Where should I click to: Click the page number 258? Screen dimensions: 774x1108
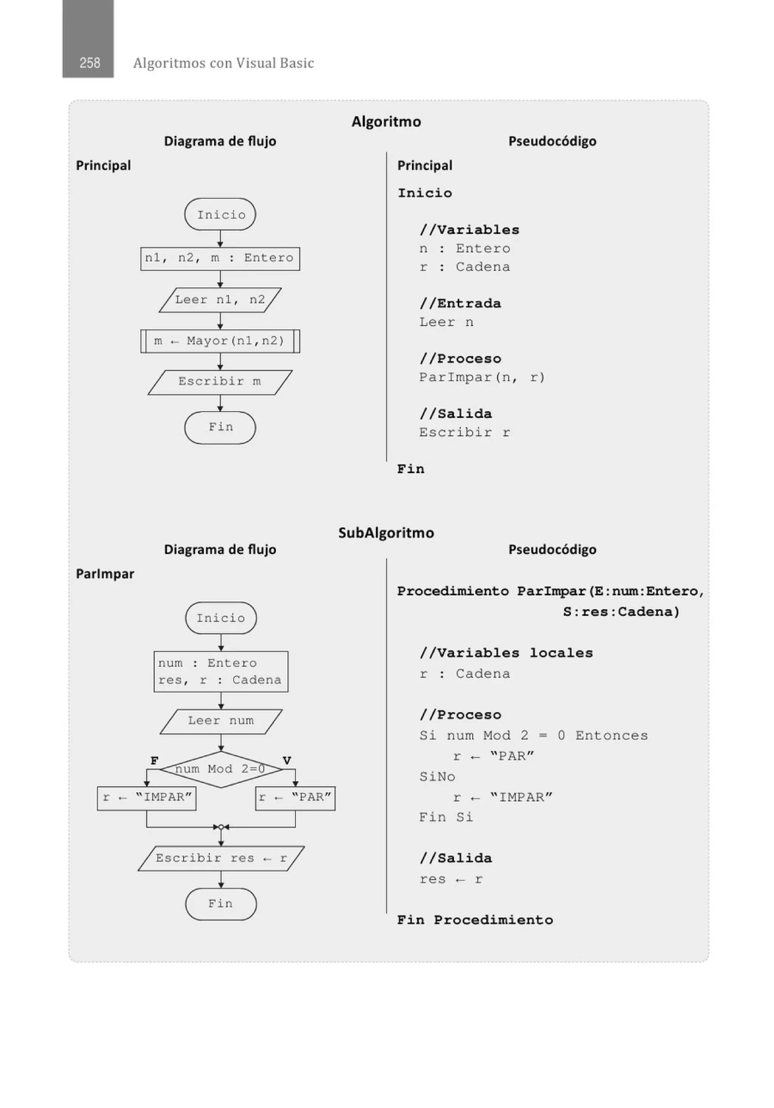pos(90,63)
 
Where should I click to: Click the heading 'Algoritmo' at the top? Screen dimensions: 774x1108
pos(386,122)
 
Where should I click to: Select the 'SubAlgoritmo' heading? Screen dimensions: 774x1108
pos(386,533)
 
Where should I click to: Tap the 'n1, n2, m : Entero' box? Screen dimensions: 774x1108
pos(220,259)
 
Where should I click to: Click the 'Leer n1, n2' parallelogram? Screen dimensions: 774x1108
pos(220,300)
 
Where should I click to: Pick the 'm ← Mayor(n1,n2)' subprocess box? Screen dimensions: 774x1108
pos(220,341)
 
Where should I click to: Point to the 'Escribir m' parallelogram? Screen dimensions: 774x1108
pos(220,382)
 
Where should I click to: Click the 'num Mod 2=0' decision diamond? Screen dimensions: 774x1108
pos(221,769)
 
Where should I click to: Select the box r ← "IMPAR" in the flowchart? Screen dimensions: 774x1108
pos(147,797)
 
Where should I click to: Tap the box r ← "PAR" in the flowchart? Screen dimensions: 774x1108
pos(295,797)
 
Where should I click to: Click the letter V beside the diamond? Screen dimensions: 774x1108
pos(286,761)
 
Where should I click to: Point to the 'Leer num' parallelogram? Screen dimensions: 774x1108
pos(221,721)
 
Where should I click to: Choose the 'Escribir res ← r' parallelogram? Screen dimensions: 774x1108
pos(221,859)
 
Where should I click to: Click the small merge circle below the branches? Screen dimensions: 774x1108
pos(221,827)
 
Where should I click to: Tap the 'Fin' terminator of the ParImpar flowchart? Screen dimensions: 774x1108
pos(221,904)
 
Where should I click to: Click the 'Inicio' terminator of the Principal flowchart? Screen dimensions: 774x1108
pos(220,215)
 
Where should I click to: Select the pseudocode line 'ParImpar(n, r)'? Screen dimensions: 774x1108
pos(481,377)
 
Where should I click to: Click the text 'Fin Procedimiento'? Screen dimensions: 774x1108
pos(475,920)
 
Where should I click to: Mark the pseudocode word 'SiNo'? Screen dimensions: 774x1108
pos(437,777)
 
